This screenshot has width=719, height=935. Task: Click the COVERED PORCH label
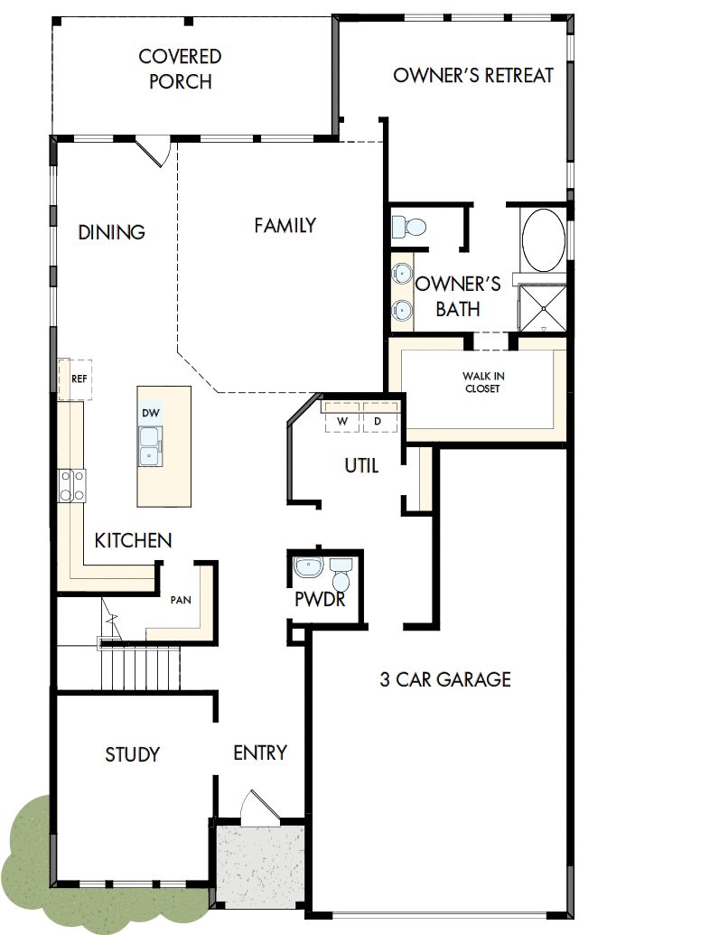click(180, 69)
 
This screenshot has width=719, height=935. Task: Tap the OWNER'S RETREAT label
click(473, 75)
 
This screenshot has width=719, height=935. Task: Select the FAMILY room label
click(285, 225)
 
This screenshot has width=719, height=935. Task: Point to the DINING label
click(111, 232)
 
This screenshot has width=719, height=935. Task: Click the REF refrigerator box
click(77, 379)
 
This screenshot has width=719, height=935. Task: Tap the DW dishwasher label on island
click(150, 413)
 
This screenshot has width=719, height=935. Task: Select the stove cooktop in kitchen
click(72, 485)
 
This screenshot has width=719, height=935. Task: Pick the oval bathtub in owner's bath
click(543, 240)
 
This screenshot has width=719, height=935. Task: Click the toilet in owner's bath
click(411, 226)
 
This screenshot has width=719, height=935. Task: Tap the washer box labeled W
click(342, 421)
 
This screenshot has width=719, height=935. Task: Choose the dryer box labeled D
click(378, 421)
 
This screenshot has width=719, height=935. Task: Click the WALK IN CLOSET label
click(481, 382)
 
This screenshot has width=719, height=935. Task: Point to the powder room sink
click(309, 568)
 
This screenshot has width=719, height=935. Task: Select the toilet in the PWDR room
click(341, 574)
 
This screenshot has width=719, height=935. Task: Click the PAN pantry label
click(181, 599)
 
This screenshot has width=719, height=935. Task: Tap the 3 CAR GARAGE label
click(445, 679)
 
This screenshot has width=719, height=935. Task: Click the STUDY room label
click(133, 754)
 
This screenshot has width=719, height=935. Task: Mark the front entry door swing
click(257, 807)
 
